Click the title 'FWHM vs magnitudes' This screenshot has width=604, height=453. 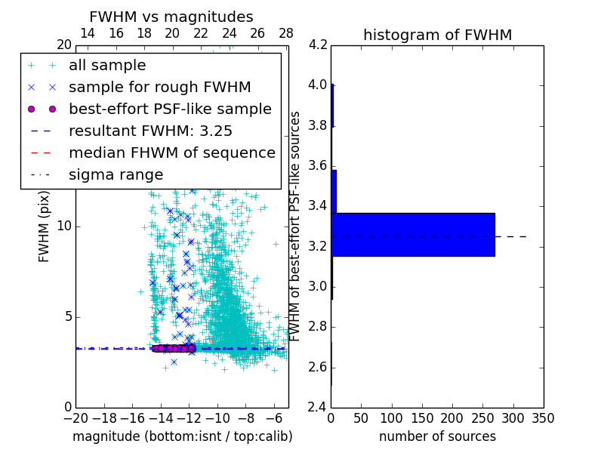[171, 17]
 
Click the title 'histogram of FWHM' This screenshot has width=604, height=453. [437, 35]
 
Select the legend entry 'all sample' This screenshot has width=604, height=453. [107, 66]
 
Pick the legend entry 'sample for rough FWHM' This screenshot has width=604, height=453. [160, 87]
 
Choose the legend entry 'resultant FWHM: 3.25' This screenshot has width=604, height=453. [150, 131]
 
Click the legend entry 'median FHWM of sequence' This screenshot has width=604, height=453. [172, 153]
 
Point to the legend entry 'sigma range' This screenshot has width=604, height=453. [116, 174]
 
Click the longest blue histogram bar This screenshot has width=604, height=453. [413, 235]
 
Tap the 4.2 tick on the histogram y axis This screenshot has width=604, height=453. [318, 45]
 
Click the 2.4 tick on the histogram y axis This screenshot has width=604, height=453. [318, 408]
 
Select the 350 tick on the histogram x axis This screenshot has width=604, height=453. [544, 418]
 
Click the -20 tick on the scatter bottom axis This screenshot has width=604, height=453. [75, 418]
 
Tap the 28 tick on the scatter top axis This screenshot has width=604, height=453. [286, 33]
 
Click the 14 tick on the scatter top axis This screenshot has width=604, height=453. [88, 33]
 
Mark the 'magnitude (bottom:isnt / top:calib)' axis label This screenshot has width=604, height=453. [182, 436]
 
